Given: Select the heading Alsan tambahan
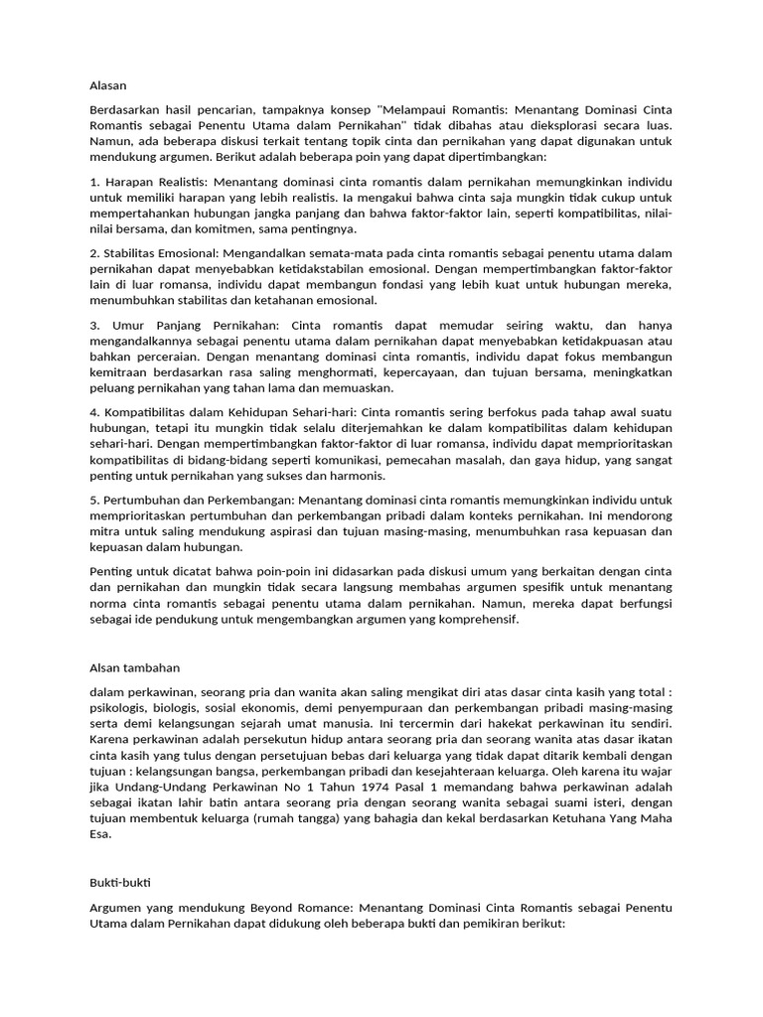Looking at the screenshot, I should pyautogui.click(x=134, y=667).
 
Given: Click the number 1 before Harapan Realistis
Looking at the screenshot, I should pyautogui.click(x=92, y=184).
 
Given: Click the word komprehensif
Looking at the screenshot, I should pyautogui.click(x=475, y=620).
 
